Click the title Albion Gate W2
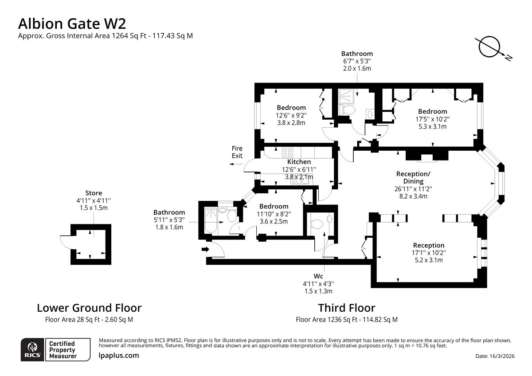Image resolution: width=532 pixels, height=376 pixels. click(72, 24)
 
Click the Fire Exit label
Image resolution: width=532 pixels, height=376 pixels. click(237, 152)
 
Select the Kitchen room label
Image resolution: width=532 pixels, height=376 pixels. click(299, 162)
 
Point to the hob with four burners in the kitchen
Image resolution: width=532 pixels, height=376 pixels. click(287, 152)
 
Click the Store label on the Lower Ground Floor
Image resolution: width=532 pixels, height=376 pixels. click(94, 193)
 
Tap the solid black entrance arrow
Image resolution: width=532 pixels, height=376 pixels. click(205, 249)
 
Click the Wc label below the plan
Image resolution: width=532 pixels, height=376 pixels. click(318, 276)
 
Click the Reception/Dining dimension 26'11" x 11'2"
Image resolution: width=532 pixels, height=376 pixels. click(413, 189)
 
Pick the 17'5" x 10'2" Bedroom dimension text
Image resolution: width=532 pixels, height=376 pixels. click(433, 119)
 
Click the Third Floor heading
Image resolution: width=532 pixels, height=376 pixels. click(347, 308)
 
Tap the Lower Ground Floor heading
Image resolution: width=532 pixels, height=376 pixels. click(89, 308)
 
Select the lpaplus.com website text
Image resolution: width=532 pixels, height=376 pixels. click(118, 356)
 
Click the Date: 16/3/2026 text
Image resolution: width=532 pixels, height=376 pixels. click(495, 356)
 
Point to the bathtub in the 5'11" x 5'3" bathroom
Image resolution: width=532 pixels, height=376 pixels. click(211, 220)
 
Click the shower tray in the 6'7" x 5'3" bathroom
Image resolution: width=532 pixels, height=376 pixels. click(346, 96)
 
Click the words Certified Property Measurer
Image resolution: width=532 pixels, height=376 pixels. click(63, 350)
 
